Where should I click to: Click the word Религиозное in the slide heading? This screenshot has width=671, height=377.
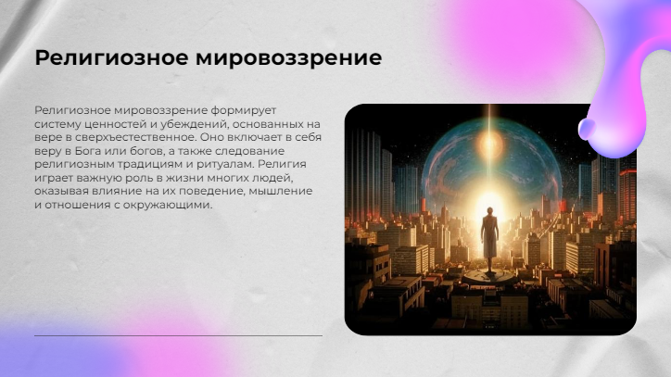pyautogui.click(x=111, y=58)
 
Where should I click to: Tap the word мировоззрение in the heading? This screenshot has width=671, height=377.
pyautogui.click(x=289, y=58)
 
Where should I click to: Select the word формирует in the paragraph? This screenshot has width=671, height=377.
pyautogui.click(x=244, y=111)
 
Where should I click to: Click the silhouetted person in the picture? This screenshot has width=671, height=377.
pyautogui.click(x=489, y=239)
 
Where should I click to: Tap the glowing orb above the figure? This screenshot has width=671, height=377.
pyautogui.click(x=489, y=145)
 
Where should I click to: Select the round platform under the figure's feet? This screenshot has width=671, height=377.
pyautogui.click(x=489, y=276)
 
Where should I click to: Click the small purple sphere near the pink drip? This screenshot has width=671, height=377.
pyautogui.click(x=587, y=129)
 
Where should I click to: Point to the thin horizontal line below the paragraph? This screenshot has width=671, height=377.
pyautogui.click(x=179, y=336)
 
